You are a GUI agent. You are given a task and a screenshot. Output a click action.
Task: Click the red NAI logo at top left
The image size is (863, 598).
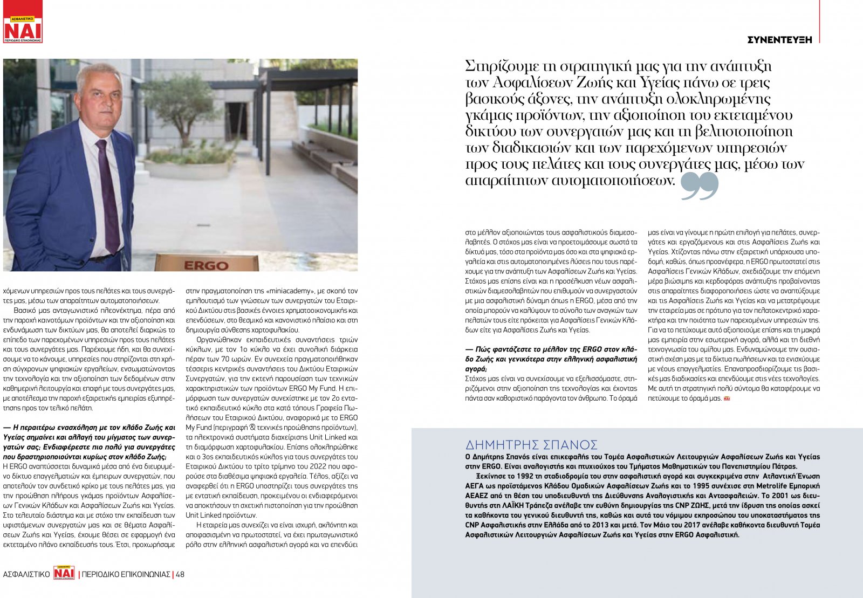click(23, 29)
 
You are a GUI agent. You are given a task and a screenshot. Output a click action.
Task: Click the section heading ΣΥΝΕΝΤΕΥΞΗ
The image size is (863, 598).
click(779, 39)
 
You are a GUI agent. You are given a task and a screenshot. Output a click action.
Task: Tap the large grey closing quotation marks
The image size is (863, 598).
click(700, 186)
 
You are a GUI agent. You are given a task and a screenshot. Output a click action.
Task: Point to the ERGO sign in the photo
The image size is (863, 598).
click(206, 265)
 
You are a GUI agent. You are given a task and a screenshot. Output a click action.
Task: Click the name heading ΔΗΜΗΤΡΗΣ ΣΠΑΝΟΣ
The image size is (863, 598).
click(531, 445)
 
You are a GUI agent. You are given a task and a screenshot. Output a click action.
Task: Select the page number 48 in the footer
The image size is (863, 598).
click(180, 574)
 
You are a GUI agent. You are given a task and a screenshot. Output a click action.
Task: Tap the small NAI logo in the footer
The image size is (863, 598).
click(64, 573)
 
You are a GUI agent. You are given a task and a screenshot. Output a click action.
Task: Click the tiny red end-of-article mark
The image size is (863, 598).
click(727, 398)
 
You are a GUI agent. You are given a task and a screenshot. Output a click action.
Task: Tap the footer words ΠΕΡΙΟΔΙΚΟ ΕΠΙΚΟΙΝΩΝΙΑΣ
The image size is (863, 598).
click(126, 574)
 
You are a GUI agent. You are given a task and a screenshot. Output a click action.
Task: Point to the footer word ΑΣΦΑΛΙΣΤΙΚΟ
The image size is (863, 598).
click(26, 574)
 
